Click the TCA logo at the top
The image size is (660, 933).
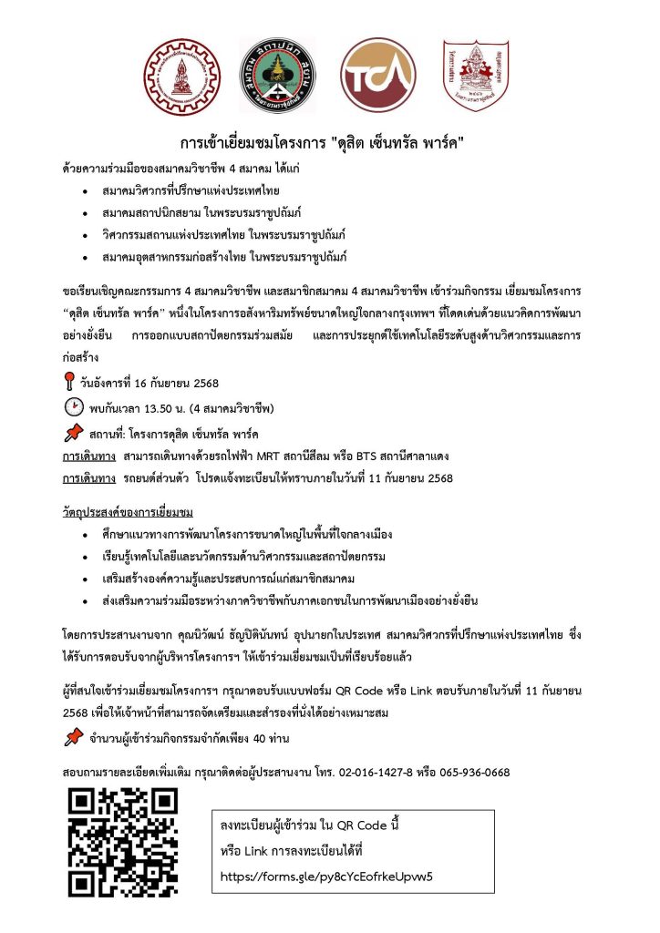[x=376, y=77]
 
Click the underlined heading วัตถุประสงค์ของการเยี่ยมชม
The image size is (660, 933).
[x=128, y=505]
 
